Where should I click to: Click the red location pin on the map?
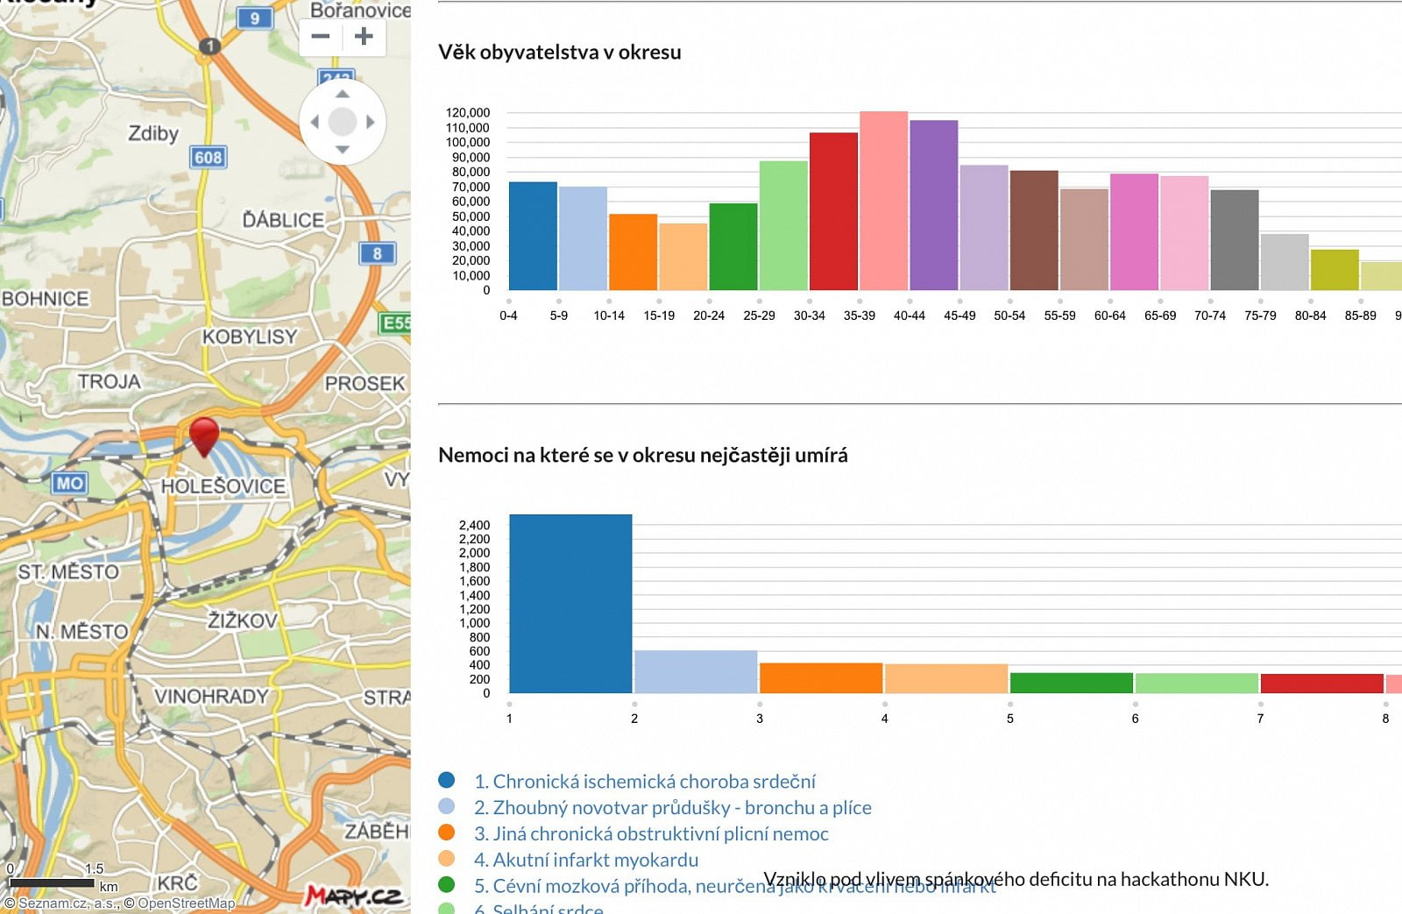pos(204,434)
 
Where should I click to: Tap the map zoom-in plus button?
pos(364,37)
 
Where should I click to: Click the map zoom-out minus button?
pos(321,37)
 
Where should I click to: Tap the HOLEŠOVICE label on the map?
pos(223,486)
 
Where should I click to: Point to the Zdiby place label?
pos(153,133)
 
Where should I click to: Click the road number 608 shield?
pos(208,158)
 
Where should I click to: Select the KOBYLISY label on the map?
pos(250,337)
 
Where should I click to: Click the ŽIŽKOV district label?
pos(243,620)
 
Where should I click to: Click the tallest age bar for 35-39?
pos(883,202)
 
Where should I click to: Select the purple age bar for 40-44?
pos(933,206)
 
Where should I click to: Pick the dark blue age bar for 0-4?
pos(533,237)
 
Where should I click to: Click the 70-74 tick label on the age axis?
pos(1209,315)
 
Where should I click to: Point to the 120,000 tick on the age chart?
pos(468,113)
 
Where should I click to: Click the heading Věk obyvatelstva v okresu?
pos(559,53)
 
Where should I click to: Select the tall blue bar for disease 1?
pos(570,605)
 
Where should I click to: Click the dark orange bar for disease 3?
pos(820,678)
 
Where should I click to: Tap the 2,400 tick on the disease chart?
pos(474,525)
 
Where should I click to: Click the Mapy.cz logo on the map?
pos(354,896)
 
